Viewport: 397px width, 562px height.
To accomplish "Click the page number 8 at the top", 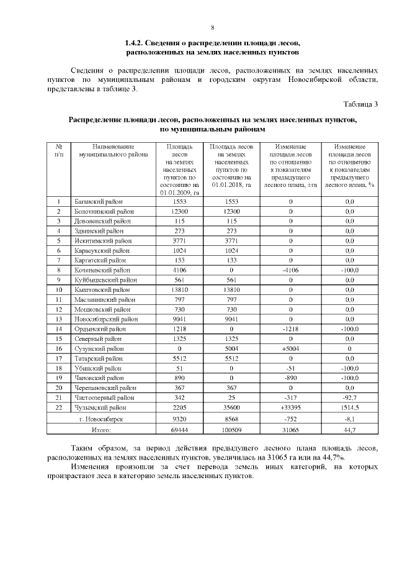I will click(x=212, y=28).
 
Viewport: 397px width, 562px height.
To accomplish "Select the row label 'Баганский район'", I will click(x=99, y=202).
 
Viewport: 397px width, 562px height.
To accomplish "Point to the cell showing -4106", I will click(x=290, y=270).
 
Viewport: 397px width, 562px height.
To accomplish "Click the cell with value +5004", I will click(x=290, y=348).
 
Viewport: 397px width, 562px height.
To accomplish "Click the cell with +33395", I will click(x=290, y=407).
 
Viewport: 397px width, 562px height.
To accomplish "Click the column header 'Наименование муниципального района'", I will click(x=110, y=151).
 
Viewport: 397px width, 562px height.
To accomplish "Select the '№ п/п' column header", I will click(x=58, y=151).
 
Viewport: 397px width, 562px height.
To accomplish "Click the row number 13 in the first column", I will click(x=58, y=319).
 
